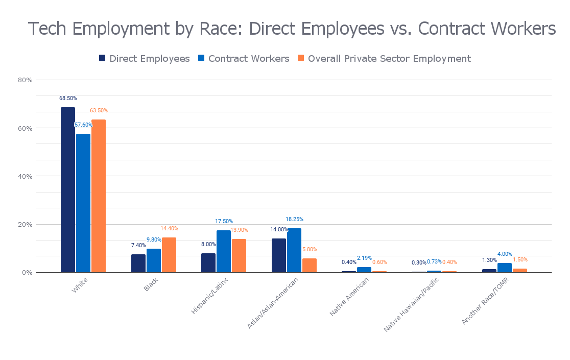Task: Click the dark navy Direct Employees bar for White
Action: [68, 189]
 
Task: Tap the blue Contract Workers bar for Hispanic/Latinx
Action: [224, 251]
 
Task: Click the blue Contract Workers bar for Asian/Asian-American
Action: [294, 250]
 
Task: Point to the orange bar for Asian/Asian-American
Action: [310, 265]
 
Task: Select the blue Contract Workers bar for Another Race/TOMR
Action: [505, 268]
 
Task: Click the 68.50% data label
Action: [68, 98]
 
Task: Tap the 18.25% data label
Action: [294, 219]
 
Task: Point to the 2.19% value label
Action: [364, 258]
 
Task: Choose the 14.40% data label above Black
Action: [169, 228]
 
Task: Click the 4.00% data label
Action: [505, 254]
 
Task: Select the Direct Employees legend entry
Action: [145, 59]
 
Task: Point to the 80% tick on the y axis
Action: [26, 80]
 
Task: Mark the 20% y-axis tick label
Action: [26, 224]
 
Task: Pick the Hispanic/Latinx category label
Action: [210, 295]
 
